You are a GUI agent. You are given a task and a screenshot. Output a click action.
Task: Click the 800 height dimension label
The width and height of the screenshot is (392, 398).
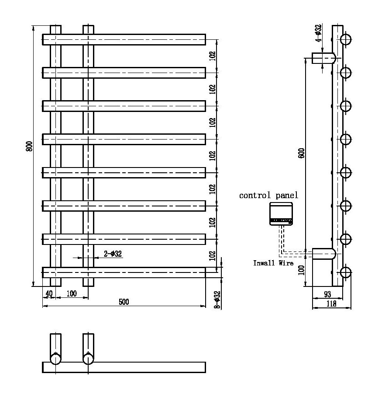[29, 147]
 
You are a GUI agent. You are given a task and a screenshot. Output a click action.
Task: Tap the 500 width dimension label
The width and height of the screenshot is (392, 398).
[124, 302]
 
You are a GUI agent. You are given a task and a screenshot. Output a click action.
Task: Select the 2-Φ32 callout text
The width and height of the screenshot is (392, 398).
[112, 254]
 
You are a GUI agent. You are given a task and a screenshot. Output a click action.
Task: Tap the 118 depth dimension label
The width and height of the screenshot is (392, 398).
[331, 304]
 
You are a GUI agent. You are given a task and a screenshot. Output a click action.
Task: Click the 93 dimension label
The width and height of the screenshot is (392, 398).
[327, 293]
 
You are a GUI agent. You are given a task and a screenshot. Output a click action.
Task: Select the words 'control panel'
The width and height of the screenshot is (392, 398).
[268, 195]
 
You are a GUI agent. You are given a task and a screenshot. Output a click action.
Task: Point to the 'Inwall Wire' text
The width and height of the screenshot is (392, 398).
[273, 263]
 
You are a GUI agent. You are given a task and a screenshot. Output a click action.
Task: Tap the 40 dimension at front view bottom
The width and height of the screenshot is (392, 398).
[49, 293]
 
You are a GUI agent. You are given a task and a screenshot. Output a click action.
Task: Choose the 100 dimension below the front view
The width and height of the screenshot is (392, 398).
[72, 293]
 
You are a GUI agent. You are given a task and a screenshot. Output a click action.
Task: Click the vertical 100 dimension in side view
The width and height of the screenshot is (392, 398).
[301, 269]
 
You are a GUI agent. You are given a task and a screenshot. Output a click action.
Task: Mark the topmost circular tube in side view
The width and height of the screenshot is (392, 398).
[346, 39]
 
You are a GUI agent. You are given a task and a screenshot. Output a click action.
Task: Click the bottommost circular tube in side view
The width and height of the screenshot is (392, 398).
[346, 273]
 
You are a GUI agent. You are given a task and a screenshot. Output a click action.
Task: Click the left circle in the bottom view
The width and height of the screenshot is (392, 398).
[55, 359]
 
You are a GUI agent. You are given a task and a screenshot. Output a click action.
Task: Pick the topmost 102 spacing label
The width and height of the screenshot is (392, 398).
[212, 56]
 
